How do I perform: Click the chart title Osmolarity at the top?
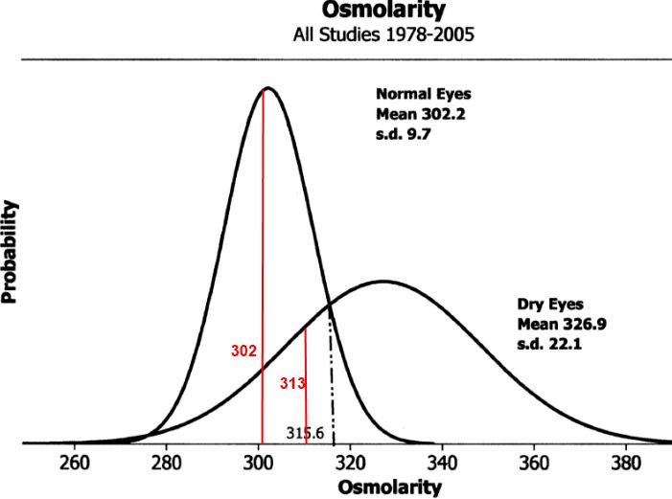point(383,11)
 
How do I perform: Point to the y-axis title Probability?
point(12,252)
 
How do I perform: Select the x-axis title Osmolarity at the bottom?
point(389,487)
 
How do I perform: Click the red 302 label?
point(244,351)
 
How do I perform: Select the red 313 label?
point(292,384)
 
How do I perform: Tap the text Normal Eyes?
point(424,95)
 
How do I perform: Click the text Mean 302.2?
point(419,114)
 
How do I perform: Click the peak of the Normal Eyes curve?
point(268,88)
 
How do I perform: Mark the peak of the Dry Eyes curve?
point(383,281)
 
